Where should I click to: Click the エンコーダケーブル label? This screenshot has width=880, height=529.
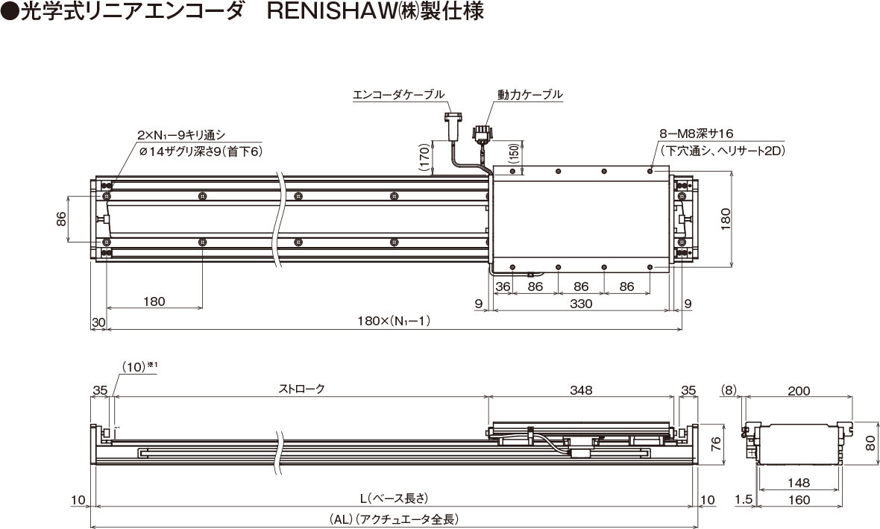click(x=398, y=94)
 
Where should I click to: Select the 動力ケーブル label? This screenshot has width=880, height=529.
click(x=529, y=94)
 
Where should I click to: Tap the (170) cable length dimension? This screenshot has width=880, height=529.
click(x=425, y=157)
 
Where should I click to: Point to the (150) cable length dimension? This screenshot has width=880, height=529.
click(x=514, y=153)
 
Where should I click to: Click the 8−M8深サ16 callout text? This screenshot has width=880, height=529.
click(x=697, y=134)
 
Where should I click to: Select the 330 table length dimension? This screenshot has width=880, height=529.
click(x=581, y=304)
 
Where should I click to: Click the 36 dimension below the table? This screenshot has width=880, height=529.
click(x=503, y=287)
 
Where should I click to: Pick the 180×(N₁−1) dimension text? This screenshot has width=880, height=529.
click(x=394, y=322)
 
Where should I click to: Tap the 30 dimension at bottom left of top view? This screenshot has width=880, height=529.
click(x=98, y=322)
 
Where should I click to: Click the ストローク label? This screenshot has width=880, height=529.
click(x=301, y=389)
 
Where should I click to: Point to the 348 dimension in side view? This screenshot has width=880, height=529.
click(x=581, y=389)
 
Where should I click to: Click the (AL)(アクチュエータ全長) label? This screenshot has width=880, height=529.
click(x=394, y=519)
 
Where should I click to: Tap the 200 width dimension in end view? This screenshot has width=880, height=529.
click(x=799, y=391)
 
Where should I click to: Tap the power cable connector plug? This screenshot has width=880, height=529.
click(x=482, y=136)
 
